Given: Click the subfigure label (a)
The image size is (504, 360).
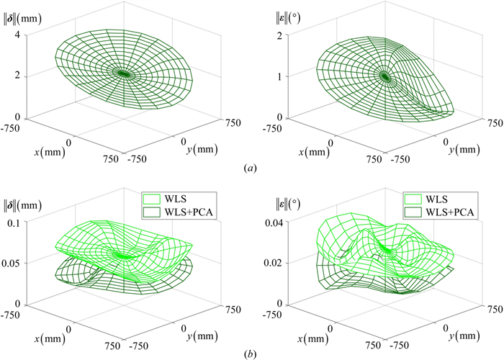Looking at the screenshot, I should point(249,168).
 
